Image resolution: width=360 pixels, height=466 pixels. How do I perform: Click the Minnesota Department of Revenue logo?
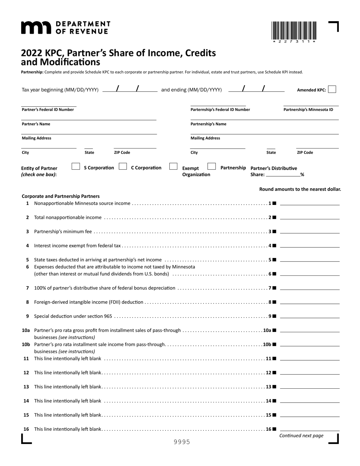pyautogui.click(x=65, y=28)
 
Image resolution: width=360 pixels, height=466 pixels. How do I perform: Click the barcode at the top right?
pyautogui.click(x=294, y=31)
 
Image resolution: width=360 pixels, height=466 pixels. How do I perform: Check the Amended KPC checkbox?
pyautogui.click(x=332, y=89)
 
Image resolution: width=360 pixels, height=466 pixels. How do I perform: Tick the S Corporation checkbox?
pyautogui.click(x=76, y=166)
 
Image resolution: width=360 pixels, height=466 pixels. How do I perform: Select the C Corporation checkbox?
pyautogui.click(x=123, y=166)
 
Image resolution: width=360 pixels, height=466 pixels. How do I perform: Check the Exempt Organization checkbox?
pyautogui.click(x=173, y=166)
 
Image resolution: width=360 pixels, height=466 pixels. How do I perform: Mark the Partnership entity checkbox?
pyautogui.click(x=212, y=166)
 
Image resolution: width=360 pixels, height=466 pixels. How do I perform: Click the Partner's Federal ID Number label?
pyautogui.click(x=48, y=110)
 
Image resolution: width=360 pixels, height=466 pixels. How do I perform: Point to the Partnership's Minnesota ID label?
pyautogui.click(x=308, y=110)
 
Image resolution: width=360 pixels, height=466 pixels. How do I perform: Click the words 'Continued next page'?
pyautogui.click(x=301, y=436)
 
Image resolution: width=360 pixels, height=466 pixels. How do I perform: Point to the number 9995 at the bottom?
pyautogui.click(x=182, y=442)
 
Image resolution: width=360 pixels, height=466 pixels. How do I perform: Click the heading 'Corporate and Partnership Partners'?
pyautogui.click(x=61, y=196)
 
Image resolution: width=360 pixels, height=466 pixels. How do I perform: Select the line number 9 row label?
pyautogui.click(x=27, y=316)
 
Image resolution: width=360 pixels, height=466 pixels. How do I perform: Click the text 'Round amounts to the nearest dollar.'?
pyautogui.click(x=300, y=189)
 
